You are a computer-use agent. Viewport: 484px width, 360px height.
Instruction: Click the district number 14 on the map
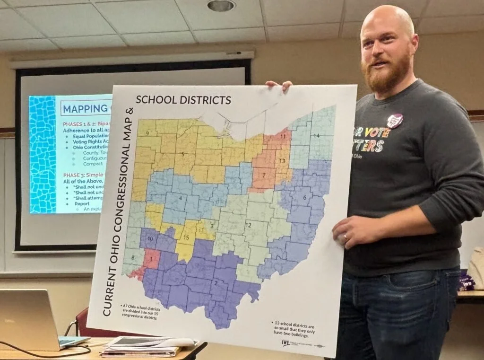316,136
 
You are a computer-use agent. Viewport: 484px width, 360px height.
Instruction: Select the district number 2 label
216,283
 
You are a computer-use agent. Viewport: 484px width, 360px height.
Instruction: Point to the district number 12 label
248,224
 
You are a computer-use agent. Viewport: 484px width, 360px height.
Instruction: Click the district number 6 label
304,197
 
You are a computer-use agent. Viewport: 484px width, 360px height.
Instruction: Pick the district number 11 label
283,136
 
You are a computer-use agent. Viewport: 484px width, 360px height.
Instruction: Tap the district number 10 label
150,238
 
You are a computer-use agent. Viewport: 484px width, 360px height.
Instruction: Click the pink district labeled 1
151,259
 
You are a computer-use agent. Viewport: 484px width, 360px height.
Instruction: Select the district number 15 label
186,237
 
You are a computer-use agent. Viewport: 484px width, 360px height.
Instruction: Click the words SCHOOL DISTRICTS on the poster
183,100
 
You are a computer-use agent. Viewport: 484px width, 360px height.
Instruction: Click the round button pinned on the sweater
395,121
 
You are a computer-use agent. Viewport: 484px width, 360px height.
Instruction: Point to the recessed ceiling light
221,6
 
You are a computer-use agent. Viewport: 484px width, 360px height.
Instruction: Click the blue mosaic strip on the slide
43,154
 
